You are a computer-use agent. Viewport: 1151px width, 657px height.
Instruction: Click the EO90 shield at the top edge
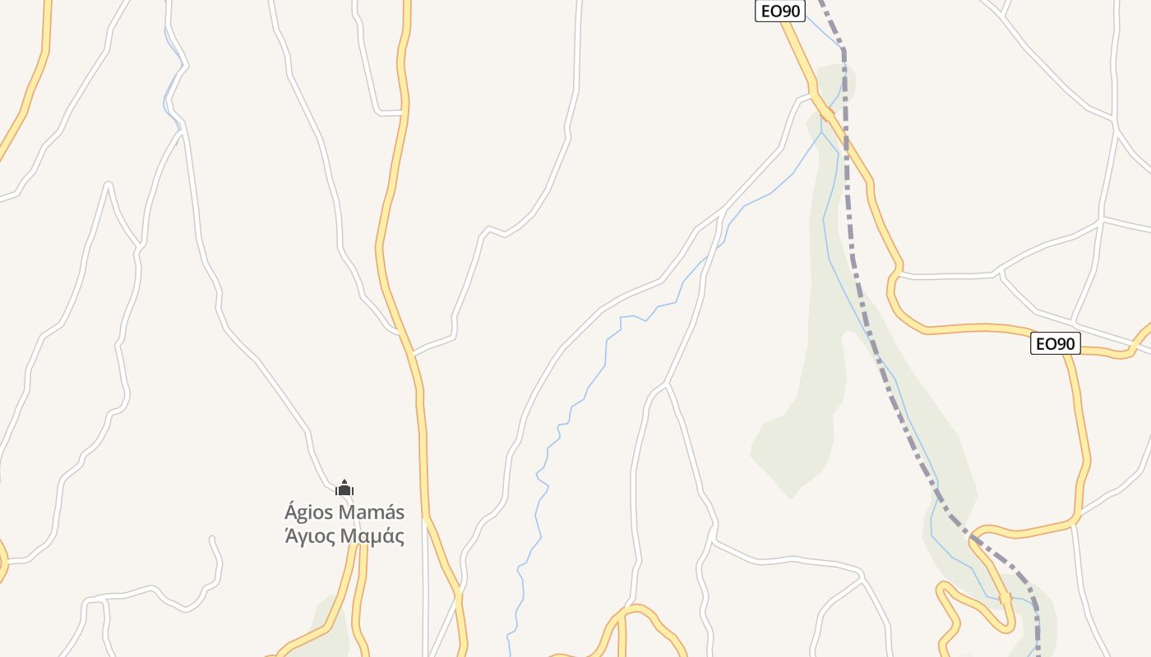click(x=779, y=11)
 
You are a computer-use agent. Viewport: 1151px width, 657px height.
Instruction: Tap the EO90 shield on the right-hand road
click(x=1055, y=343)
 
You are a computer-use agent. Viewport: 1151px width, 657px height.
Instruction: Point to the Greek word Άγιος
click(x=311, y=537)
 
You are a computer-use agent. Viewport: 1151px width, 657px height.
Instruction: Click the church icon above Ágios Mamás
click(x=344, y=488)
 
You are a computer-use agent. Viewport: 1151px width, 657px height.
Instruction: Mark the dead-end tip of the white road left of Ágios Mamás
click(x=213, y=539)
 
